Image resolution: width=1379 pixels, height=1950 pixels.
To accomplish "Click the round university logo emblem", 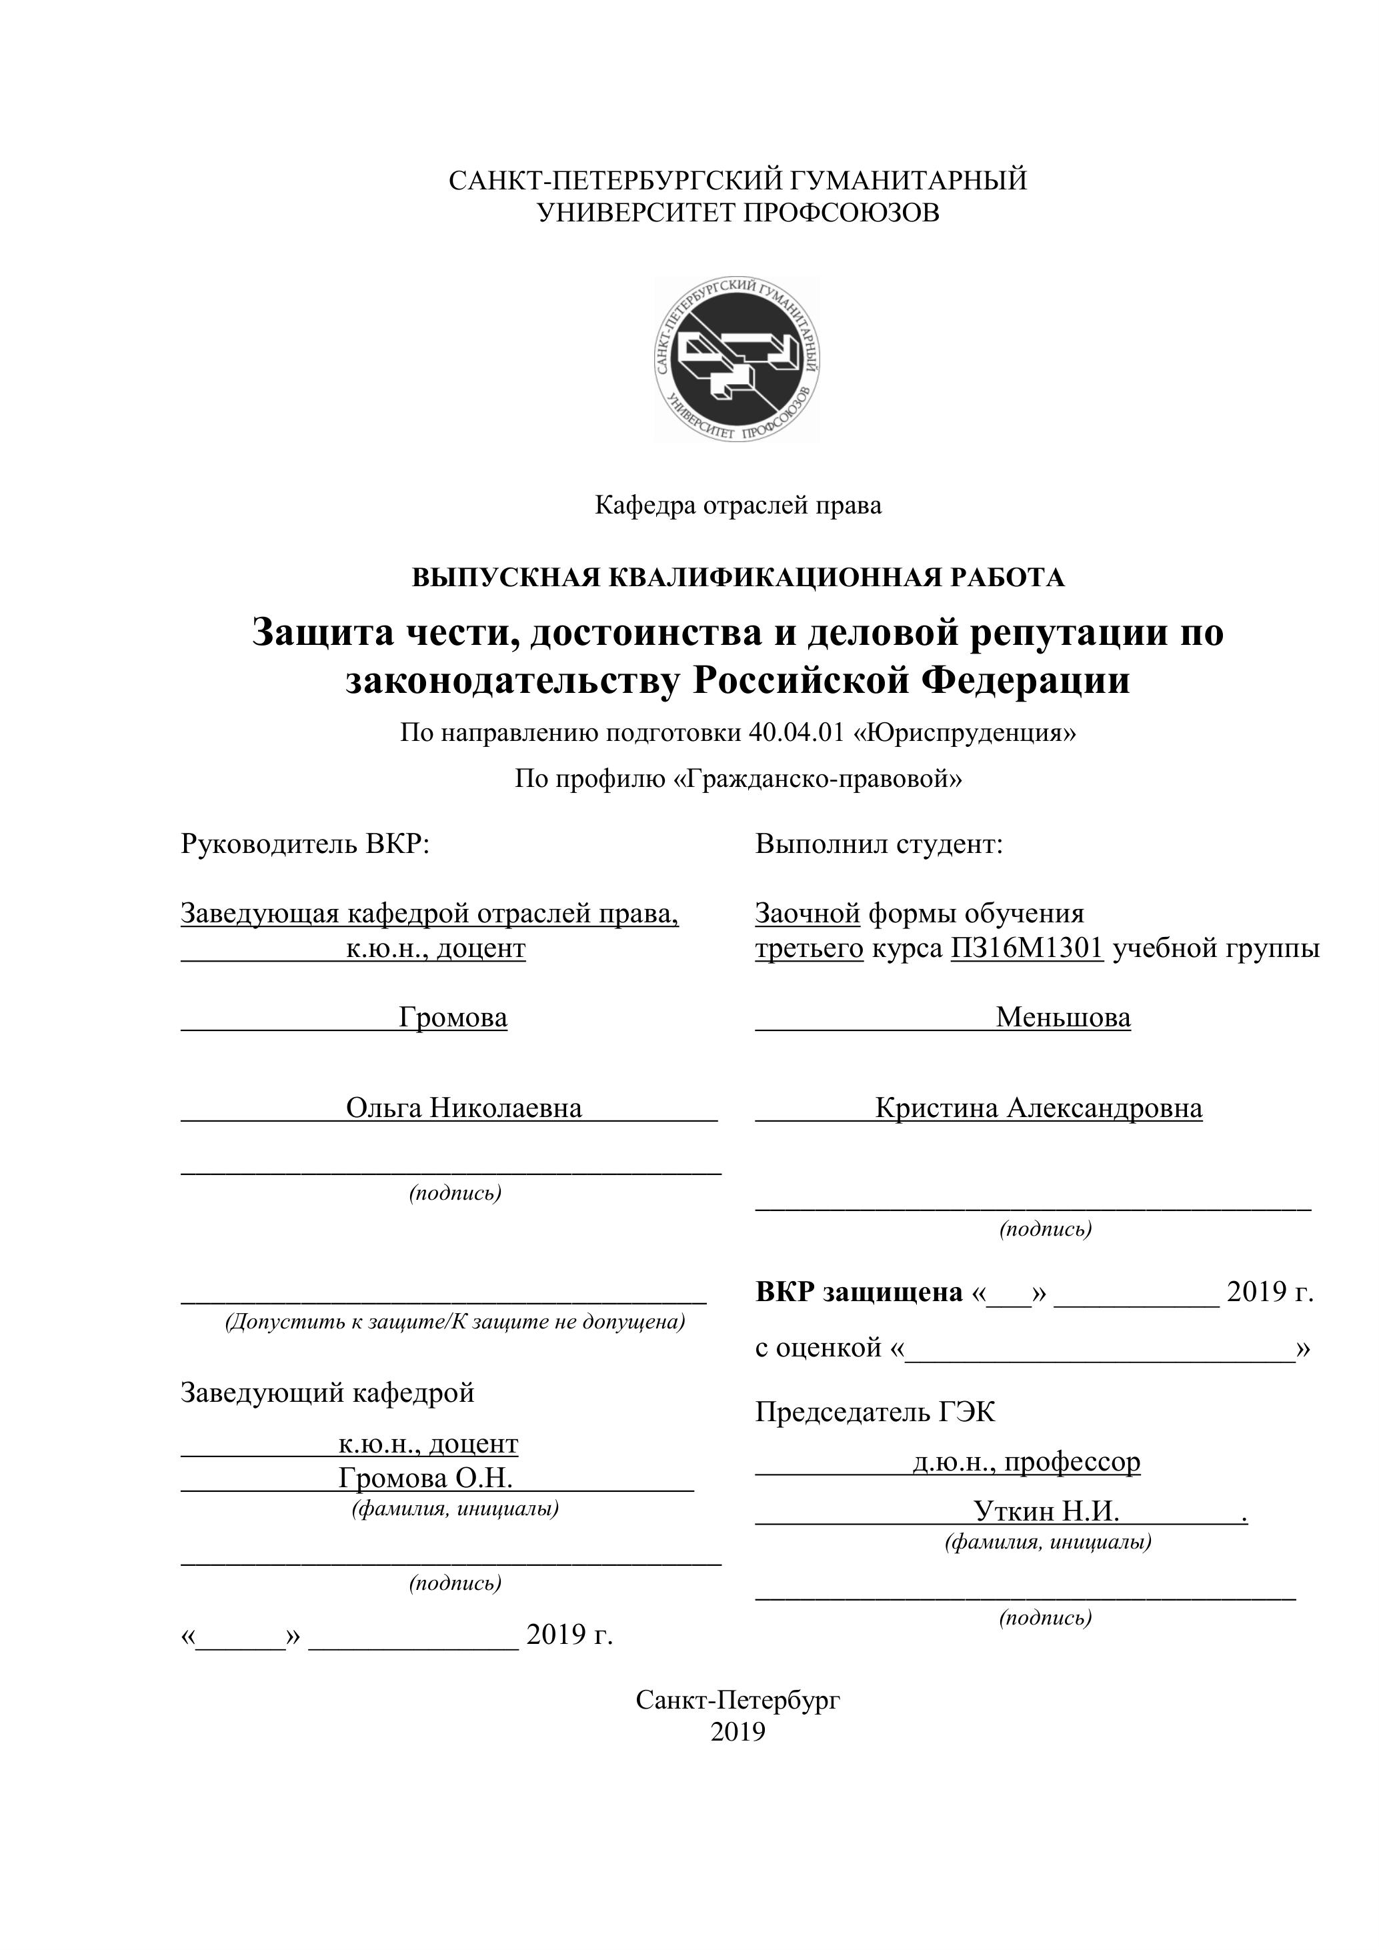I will tap(737, 358).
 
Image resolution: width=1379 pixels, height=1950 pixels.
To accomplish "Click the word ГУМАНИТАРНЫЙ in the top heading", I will tap(909, 181).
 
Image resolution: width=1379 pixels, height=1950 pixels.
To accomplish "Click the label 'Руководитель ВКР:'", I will tap(305, 844).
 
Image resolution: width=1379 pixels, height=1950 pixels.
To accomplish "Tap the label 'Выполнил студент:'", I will tap(879, 844).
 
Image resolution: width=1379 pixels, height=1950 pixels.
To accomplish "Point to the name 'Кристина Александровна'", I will tap(1038, 1108).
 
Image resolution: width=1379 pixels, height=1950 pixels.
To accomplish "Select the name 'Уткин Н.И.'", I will tap(1046, 1511).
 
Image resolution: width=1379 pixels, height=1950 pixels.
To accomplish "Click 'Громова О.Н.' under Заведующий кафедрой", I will tap(425, 1478).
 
